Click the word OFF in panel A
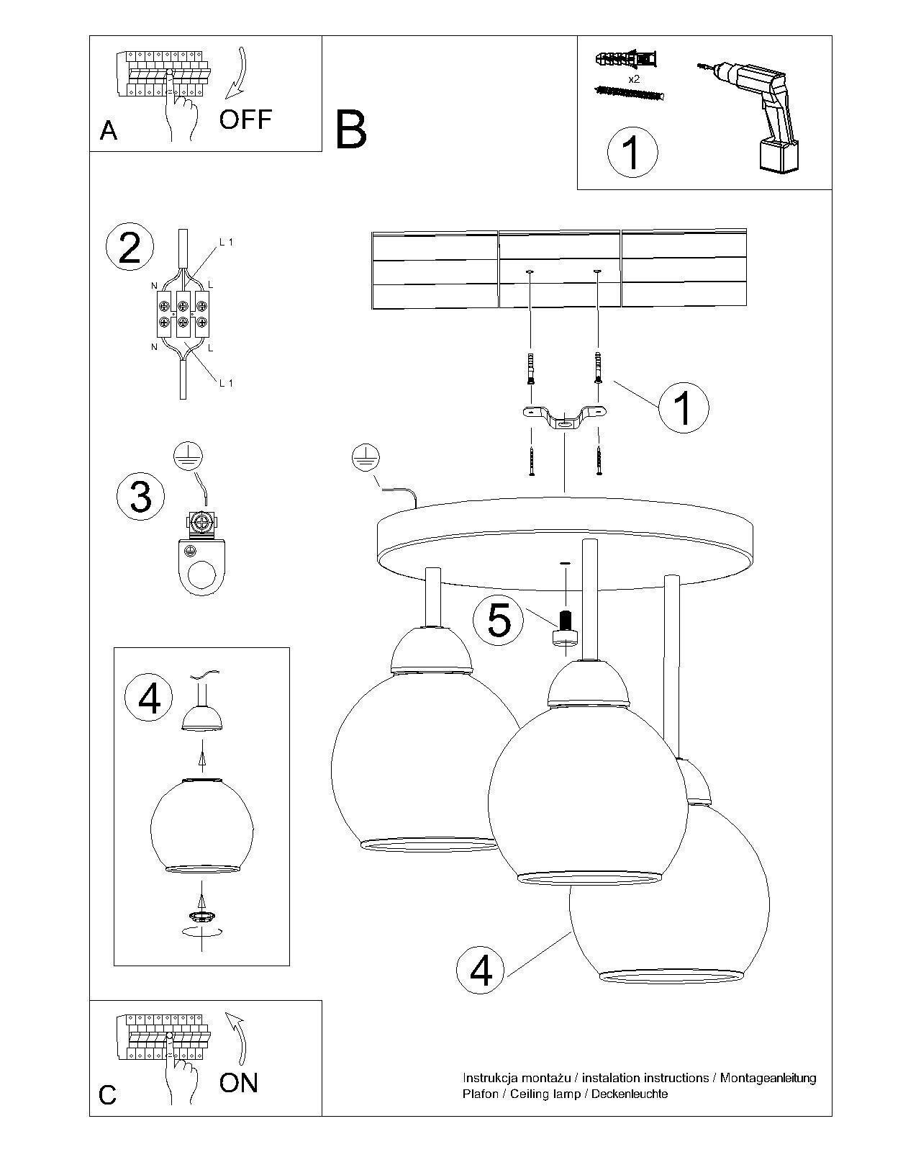[x=245, y=119]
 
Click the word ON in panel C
[x=239, y=1082]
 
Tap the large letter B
[x=351, y=130]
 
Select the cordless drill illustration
[x=756, y=115]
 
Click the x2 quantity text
[x=634, y=79]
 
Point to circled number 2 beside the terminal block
[x=130, y=248]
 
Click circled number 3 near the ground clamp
[x=140, y=496]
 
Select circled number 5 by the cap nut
[x=499, y=620]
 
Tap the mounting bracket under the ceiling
[x=565, y=418]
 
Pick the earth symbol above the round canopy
[x=366, y=458]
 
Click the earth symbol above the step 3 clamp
[x=189, y=456]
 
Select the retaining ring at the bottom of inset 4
[x=202, y=916]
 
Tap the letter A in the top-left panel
[x=109, y=130]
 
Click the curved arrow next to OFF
[x=237, y=73]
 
